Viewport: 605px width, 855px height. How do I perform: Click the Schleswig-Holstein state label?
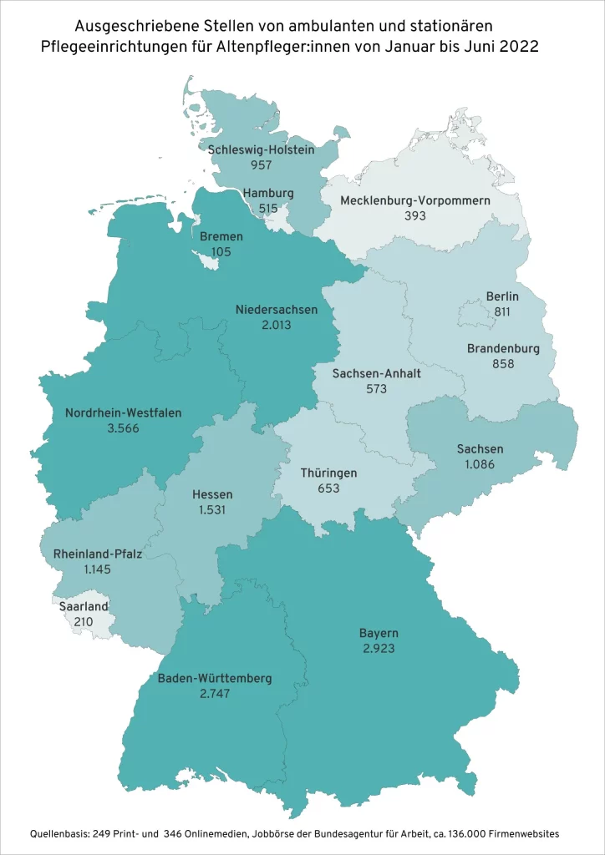(261, 149)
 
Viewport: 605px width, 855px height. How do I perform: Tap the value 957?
(261, 164)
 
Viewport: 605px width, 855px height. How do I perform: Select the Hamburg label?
(268, 193)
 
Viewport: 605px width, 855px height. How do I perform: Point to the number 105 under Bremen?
(221, 251)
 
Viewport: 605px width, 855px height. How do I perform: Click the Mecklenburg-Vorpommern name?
(415, 200)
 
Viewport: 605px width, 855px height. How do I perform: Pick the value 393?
(415, 215)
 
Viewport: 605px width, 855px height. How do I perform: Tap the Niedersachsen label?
(277, 309)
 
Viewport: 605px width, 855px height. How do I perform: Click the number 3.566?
(123, 427)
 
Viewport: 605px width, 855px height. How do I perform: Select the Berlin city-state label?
(502, 296)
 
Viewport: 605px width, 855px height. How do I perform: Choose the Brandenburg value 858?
(503, 363)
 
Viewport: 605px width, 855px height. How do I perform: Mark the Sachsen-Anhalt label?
(377, 373)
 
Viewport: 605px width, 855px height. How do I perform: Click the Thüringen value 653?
(328, 488)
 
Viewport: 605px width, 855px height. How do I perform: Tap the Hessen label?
(212, 493)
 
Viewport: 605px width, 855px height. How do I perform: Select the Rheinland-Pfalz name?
(98, 554)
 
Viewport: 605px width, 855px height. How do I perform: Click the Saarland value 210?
(84, 622)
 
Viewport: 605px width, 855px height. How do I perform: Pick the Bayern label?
(379, 632)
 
